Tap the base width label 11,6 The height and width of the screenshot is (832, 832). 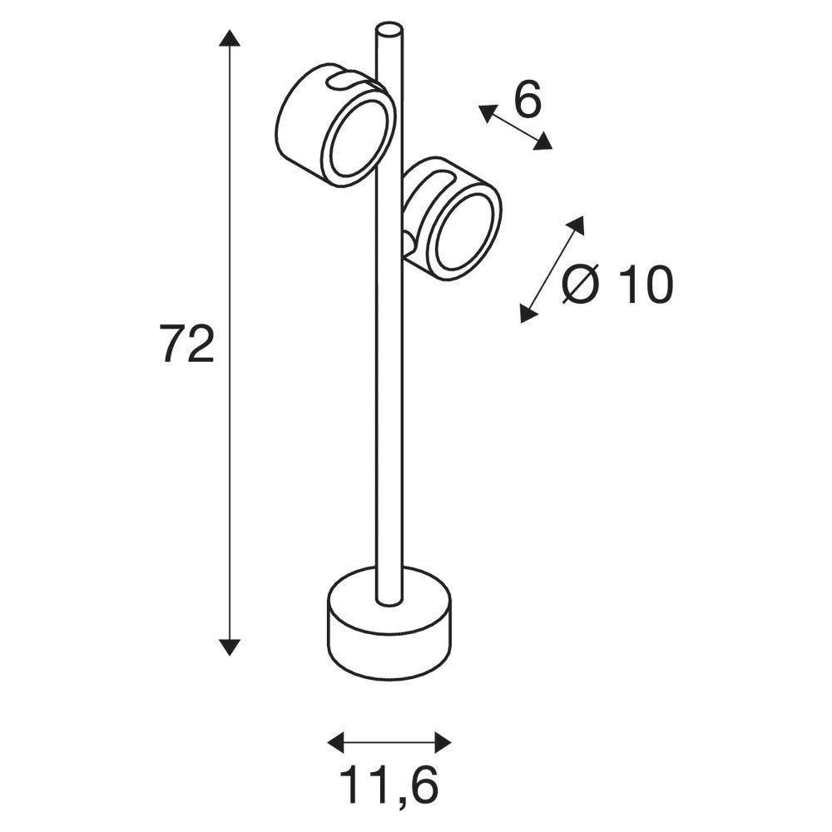389,785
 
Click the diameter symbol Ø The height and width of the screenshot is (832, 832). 581,285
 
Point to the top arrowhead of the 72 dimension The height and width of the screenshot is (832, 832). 230,39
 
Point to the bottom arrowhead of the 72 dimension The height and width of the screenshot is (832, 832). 230,646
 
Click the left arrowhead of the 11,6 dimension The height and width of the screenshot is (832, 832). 337,742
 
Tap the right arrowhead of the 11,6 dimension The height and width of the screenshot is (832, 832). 442,742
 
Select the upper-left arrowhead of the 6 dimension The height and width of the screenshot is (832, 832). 488,113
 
